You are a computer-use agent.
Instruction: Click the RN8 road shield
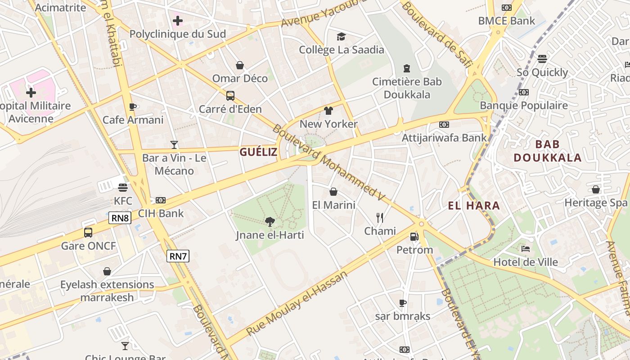click(120, 218)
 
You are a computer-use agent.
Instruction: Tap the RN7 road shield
click(178, 256)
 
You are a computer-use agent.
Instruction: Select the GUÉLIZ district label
click(258, 152)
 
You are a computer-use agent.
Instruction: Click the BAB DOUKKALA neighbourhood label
click(548, 151)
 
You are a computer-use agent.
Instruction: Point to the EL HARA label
click(474, 206)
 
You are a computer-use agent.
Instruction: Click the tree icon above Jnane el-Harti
click(270, 221)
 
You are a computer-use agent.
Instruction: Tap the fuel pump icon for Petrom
click(414, 236)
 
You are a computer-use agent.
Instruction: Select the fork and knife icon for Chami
click(380, 218)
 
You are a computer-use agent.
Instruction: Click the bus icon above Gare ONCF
click(88, 233)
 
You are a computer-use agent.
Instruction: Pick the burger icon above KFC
click(123, 187)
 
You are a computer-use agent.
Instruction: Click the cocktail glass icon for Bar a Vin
click(174, 144)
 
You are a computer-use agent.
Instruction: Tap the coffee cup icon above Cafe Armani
click(133, 107)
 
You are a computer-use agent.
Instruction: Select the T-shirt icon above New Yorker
click(328, 111)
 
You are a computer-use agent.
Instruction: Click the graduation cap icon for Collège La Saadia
click(342, 36)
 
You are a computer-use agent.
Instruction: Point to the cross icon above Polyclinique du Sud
click(178, 20)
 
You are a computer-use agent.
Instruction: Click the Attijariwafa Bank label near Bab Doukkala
click(444, 138)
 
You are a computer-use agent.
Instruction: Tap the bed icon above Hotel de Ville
click(525, 248)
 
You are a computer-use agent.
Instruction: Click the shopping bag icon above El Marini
click(333, 192)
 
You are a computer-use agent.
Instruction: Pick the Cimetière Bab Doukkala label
click(407, 88)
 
